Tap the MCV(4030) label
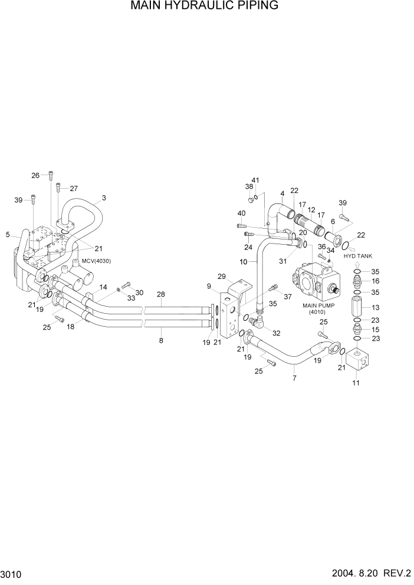point(97,261)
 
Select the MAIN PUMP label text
point(318,305)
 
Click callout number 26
point(35,175)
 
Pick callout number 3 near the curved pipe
point(104,198)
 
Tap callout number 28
point(161,294)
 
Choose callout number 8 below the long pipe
point(161,340)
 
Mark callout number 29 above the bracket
point(222,277)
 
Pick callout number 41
point(255,180)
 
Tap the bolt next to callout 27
point(58,188)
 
